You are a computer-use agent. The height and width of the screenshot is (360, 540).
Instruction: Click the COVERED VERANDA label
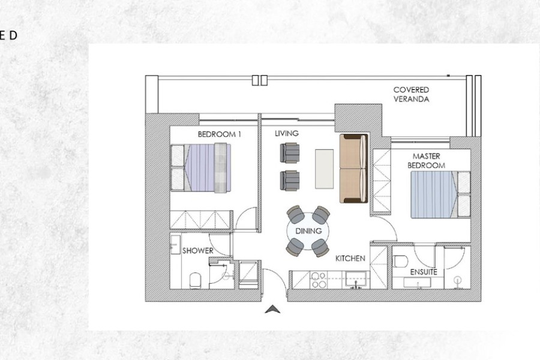(411, 94)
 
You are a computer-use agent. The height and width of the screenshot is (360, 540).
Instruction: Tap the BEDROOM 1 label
(219, 134)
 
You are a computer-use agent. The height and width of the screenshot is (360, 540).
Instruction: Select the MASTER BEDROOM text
(426, 161)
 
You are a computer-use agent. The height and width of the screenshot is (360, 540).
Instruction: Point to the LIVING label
(287, 133)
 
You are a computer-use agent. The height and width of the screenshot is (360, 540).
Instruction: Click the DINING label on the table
(308, 231)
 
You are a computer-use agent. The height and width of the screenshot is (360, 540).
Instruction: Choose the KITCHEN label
(350, 259)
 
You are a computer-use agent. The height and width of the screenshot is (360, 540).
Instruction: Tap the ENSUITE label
(424, 272)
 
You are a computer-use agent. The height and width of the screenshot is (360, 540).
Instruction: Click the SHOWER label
(197, 251)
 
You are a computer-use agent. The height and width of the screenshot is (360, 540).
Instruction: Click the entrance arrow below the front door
(272, 310)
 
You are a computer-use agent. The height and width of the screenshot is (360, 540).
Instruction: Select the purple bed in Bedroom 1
(201, 168)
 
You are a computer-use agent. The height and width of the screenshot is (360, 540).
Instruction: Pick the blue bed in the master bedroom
(440, 194)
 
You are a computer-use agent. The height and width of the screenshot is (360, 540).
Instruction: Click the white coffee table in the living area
(324, 169)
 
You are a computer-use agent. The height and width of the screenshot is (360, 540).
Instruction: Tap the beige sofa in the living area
(353, 169)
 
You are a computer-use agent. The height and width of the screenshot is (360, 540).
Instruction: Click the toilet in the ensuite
(400, 261)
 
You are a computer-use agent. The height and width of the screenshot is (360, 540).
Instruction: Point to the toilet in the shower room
(195, 280)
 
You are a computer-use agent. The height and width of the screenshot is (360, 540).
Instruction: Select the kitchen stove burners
(318, 280)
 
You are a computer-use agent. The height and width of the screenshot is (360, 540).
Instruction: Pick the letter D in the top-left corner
(13, 35)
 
